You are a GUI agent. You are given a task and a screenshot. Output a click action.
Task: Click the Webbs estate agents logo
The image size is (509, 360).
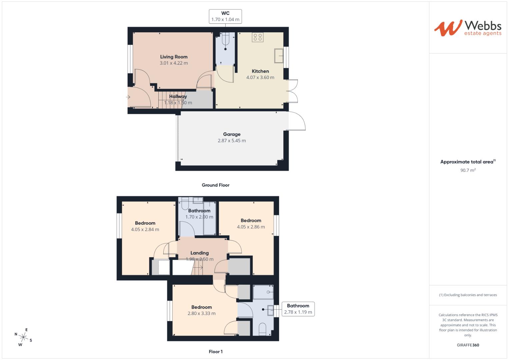pyautogui.click(x=467, y=28)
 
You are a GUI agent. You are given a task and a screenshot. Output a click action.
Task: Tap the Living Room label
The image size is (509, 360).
pyautogui.click(x=174, y=57)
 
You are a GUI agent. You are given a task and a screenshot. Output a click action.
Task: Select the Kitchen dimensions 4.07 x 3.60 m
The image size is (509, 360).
pyautogui.click(x=260, y=77)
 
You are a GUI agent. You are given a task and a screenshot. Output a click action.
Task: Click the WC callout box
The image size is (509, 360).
pyautogui.click(x=225, y=16)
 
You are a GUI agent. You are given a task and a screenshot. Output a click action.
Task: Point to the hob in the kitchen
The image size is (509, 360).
pyautogui.click(x=258, y=37)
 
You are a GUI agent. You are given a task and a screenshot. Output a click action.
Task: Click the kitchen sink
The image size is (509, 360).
pyautogui.click(x=279, y=55)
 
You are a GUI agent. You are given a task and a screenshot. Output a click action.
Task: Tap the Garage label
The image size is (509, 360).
pyautogui.click(x=232, y=134)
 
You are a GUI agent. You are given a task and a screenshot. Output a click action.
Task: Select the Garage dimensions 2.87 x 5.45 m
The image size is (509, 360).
pyautogui.click(x=232, y=141)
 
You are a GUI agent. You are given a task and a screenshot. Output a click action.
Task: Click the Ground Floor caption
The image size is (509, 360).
pyautogui.click(x=215, y=185)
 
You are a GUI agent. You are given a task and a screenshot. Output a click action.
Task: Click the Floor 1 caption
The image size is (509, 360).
pyautogui.click(x=215, y=352)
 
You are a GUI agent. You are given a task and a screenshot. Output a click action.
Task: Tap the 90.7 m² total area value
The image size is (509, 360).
pyautogui.click(x=468, y=170)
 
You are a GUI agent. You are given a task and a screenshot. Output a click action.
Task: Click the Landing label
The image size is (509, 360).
pyautogui.click(x=199, y=253)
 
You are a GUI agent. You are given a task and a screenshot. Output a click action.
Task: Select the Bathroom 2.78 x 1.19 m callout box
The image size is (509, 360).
pyautogui.click(x=298, y=309)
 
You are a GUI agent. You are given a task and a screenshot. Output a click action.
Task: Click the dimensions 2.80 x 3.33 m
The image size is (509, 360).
pyautogui.click(x=201, y=313)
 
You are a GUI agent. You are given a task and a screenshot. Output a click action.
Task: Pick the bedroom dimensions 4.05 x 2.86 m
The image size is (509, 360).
pyautogui.click(x=251, y=227)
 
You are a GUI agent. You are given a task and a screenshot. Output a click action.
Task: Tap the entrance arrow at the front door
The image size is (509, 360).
pyautogui.click(x=128, y=97)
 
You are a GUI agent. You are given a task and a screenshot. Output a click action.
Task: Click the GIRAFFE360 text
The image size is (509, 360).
pyautogui.click(x=468, y=345)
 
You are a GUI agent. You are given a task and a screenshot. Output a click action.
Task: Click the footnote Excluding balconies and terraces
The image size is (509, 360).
pyautogui.click(x=468, y=295)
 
